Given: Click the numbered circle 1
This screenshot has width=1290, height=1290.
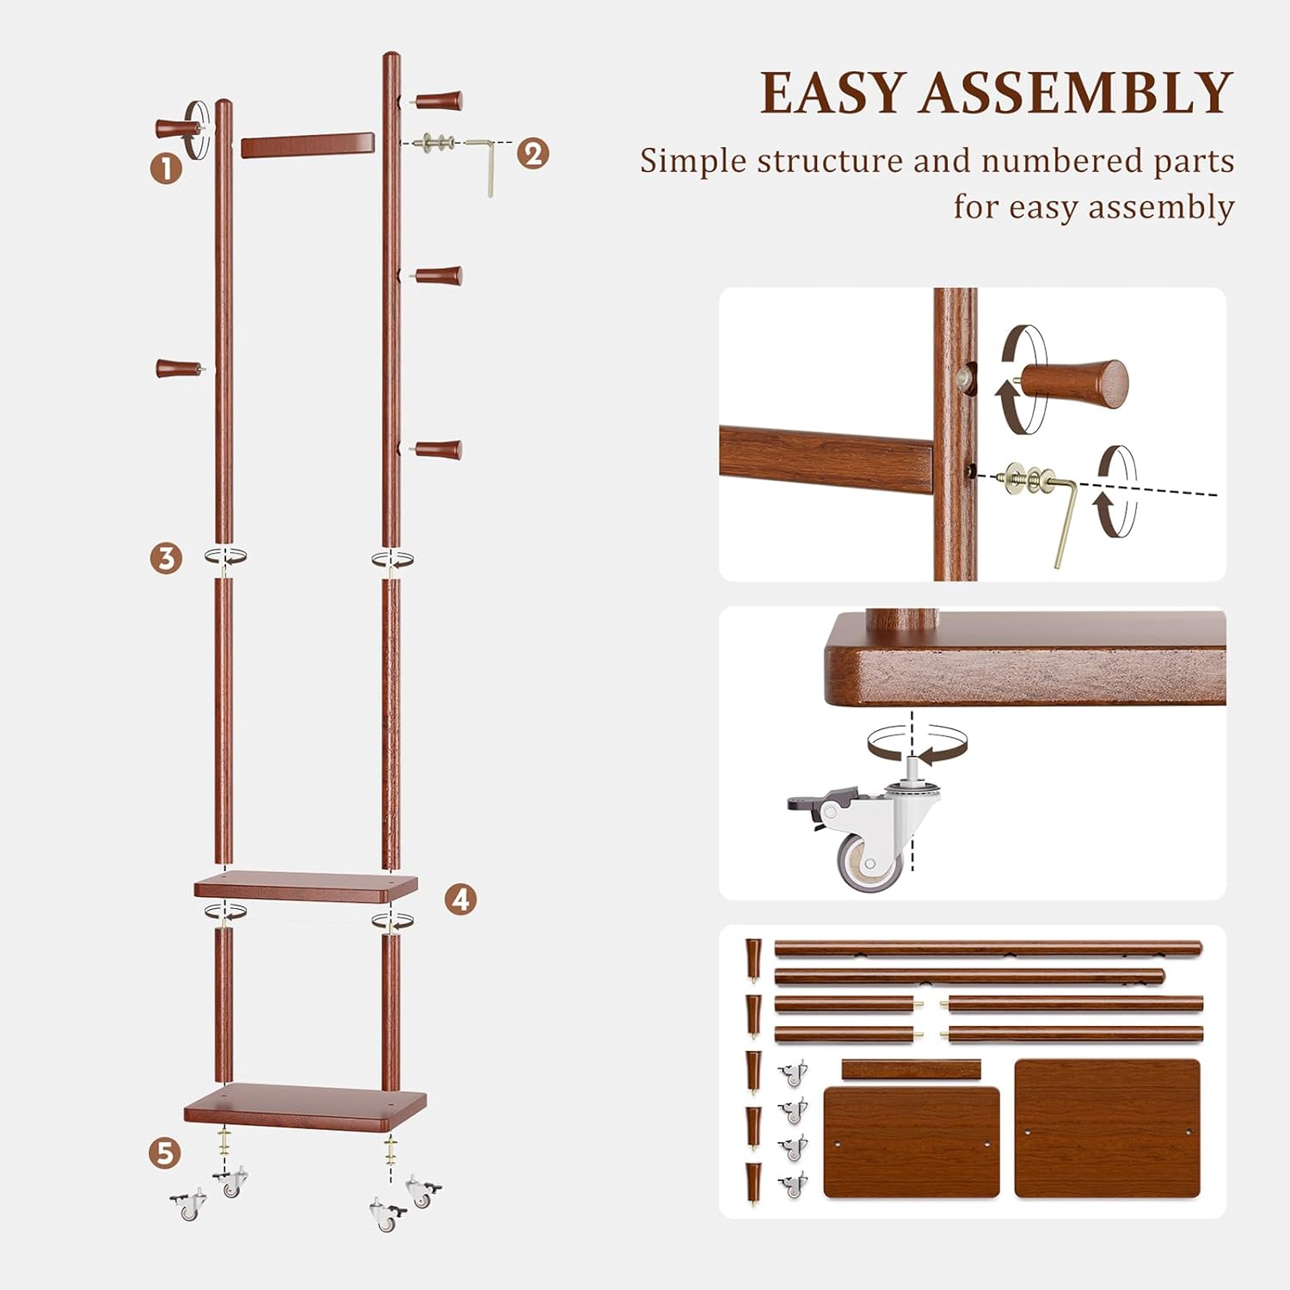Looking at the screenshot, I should [x=166, y=168].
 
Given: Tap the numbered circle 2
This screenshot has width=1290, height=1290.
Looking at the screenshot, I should [x=533, y=154].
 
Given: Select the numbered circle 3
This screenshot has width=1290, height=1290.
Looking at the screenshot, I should [x=166, y=558].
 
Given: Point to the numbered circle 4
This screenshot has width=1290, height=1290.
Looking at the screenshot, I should [x=461, y=900].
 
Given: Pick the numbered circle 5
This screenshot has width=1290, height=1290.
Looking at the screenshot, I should [x=165, y=1153].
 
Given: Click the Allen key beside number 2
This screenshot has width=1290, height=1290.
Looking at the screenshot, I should [x=485, y=163].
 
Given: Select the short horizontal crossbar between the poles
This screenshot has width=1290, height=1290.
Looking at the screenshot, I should [x=307, y=144].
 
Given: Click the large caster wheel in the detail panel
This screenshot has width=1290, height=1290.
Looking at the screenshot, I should [x=869, y=860].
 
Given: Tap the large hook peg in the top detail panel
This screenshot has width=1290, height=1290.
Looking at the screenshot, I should [x=1075, y=384].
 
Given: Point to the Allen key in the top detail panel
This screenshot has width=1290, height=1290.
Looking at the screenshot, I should [x=1064, y=516].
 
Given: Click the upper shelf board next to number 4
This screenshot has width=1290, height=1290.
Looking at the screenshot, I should [x=305, y=886].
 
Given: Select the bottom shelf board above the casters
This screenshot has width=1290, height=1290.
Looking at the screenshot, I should [x=305, y=1105].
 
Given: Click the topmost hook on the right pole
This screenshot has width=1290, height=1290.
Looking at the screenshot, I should [x=439, y=101].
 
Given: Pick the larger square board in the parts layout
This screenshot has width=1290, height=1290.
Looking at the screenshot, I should [x=1107, y=1127].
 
